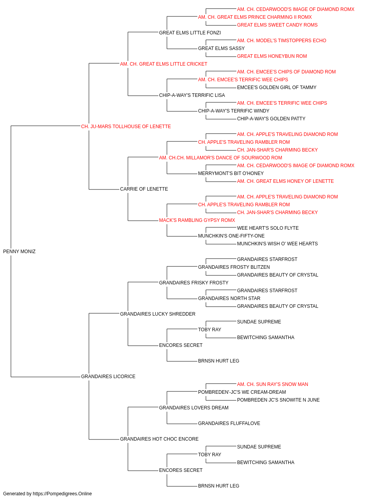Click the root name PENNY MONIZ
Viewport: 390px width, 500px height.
pyautogui.click(x=19, y=252)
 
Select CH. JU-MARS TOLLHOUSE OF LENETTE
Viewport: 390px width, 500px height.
pyautogui.click(x=126, y=127)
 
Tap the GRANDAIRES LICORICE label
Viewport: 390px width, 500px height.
pyautogui.click(x=108, y=377)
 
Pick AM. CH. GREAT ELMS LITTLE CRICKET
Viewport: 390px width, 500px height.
pyautogui.click(x=163, y=64)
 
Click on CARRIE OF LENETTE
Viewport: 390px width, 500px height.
pyautogui.click(x=144, y=189)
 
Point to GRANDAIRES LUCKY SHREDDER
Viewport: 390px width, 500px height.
pyautogui.click(x=158, y=314)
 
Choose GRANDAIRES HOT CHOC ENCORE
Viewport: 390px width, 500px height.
pyautogui.click(x=160, y=439)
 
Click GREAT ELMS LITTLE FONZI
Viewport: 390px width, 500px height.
pyautogui.click(x=190, y=33)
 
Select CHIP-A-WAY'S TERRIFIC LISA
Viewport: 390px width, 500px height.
pyautogui.click(x=192, y=95)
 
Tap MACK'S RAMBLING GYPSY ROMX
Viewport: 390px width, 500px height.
pyautogui.click(x=197, y=220)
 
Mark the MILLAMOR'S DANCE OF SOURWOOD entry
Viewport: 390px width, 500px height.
pyautogui.click(x=220, y=158)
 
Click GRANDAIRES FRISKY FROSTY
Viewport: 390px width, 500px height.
pyautogui.click(x=194, y=283)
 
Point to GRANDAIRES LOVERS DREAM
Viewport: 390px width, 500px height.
pyautogui.click(x=194, y=408)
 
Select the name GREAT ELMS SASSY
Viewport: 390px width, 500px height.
pyautogui.click(x=222, y=48)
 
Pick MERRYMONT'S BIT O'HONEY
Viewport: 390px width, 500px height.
pyautogui.click(x=231, y=173)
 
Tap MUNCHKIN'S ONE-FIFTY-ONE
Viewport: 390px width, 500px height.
pyautogui.click(x=231, y=236)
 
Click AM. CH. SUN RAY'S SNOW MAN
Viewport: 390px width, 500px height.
pyautogui.click(x=273, y=384)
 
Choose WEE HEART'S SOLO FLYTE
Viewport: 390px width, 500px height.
pyautogui.click(x=268, y=228)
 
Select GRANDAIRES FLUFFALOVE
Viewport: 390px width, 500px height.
pyautogui.click(x=229, y=423)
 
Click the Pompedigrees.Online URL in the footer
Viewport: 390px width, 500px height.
pyautogui.click(x=62, y=494)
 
